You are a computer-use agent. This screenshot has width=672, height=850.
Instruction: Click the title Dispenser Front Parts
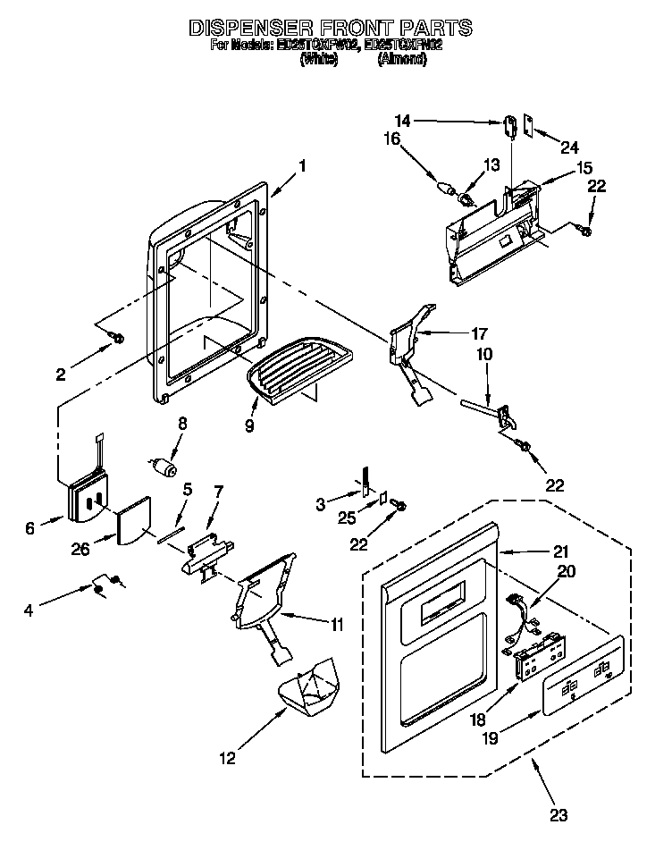point(330,28)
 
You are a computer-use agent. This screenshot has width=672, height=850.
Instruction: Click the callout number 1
point(303,165)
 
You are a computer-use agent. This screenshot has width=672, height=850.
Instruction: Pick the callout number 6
point(30,529)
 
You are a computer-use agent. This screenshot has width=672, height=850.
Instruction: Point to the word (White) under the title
point(318,59)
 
